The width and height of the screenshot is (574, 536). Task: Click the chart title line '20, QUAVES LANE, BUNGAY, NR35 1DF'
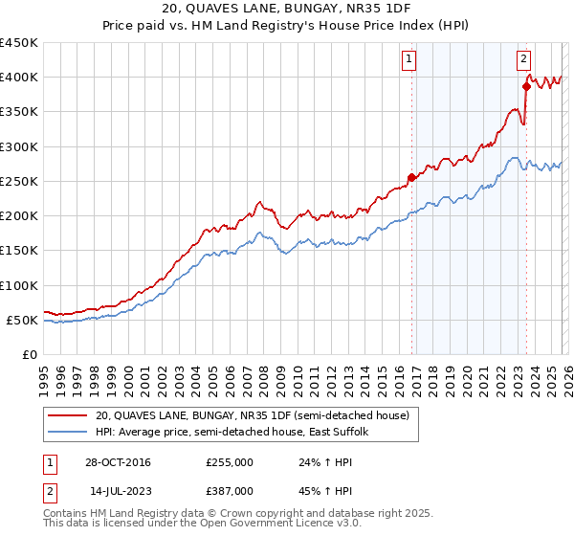287,9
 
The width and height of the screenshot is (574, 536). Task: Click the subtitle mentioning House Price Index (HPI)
287,25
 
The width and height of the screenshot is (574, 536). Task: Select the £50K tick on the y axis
23,320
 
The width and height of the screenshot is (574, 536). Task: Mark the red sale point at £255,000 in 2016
412,177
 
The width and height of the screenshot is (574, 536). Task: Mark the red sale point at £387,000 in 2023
526,86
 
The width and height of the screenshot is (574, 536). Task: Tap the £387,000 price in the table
230,489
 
